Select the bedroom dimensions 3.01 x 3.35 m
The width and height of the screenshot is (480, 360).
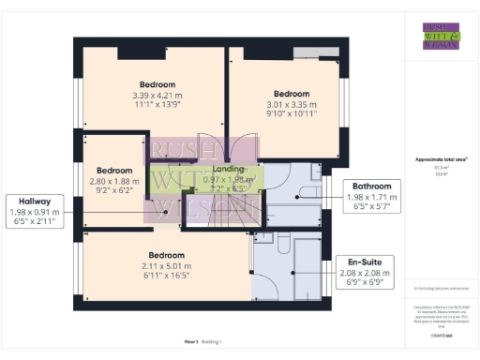point(292,105)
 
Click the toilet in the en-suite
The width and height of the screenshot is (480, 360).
point(264,240)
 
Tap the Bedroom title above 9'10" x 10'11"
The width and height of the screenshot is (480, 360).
point(292,94)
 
